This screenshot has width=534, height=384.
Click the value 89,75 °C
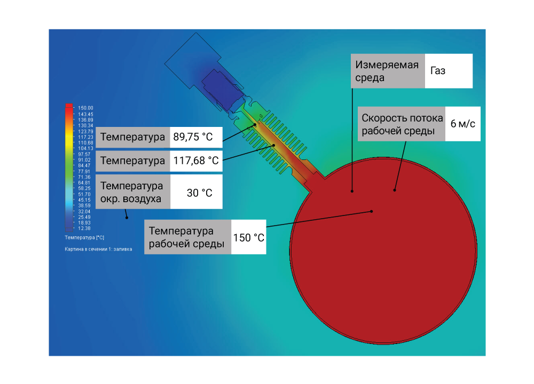point(193,137)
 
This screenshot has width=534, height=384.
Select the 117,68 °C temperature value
point(196,161)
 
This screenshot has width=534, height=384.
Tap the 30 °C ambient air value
point(199,193)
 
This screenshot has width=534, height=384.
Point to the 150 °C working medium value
point(249,237)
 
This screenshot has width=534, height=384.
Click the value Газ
point(438,71)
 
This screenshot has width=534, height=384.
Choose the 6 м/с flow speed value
point(462,124)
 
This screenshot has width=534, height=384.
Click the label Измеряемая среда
point(387,71)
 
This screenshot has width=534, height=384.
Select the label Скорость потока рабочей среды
point(402,124)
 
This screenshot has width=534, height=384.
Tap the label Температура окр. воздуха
point(131,192)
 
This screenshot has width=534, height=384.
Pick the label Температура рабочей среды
point(186,237)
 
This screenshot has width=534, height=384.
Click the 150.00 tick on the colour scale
point(85,108)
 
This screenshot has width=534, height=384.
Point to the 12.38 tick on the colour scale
point(84,228)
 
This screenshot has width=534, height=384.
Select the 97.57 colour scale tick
point(84,154)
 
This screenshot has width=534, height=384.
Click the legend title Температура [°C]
point(84,237)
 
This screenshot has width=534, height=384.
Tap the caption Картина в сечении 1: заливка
point(98,249)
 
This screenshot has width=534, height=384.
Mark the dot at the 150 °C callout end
point(372,212)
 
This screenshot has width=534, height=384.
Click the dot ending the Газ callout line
point(352,191)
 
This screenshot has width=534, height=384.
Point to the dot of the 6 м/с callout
point(395,190)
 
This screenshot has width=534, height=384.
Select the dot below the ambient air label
point(127,218)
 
